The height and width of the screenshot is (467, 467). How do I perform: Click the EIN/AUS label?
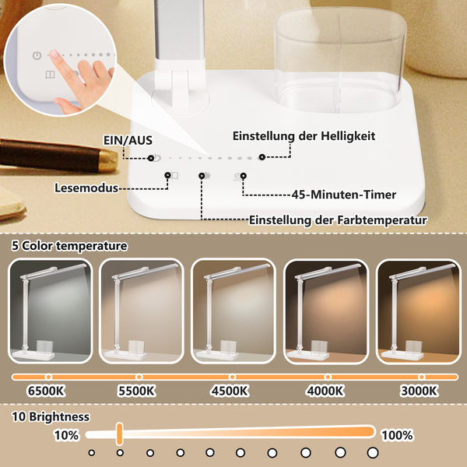point(128,140)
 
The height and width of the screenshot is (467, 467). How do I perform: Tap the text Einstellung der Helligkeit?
point(304,136)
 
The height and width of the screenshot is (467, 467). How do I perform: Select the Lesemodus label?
point(86,188)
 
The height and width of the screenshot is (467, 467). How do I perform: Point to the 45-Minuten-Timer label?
point(344,195)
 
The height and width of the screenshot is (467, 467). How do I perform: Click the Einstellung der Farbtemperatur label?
point(338,220)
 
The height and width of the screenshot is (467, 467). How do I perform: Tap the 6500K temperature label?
point(46,391)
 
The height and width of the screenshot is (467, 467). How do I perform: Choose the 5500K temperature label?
point(137,391)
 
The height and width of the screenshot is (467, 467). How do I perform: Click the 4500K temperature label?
point(230,391)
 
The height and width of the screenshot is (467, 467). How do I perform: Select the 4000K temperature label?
point(325,391)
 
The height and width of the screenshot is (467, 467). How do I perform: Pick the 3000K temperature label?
point(419,391)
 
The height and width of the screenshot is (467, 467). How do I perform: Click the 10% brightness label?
point(66,435)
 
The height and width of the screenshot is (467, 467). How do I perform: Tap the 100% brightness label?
point(397,435)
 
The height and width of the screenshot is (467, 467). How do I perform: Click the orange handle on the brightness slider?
point(119,434)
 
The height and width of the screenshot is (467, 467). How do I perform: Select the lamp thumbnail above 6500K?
point(50,311)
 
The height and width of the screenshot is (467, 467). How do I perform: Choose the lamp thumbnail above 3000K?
point(419,311)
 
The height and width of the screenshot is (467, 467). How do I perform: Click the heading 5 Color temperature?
point(69,246)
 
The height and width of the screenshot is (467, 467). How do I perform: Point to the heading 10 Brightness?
point(51,416)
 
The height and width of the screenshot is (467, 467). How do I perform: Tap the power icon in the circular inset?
point(37,55)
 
